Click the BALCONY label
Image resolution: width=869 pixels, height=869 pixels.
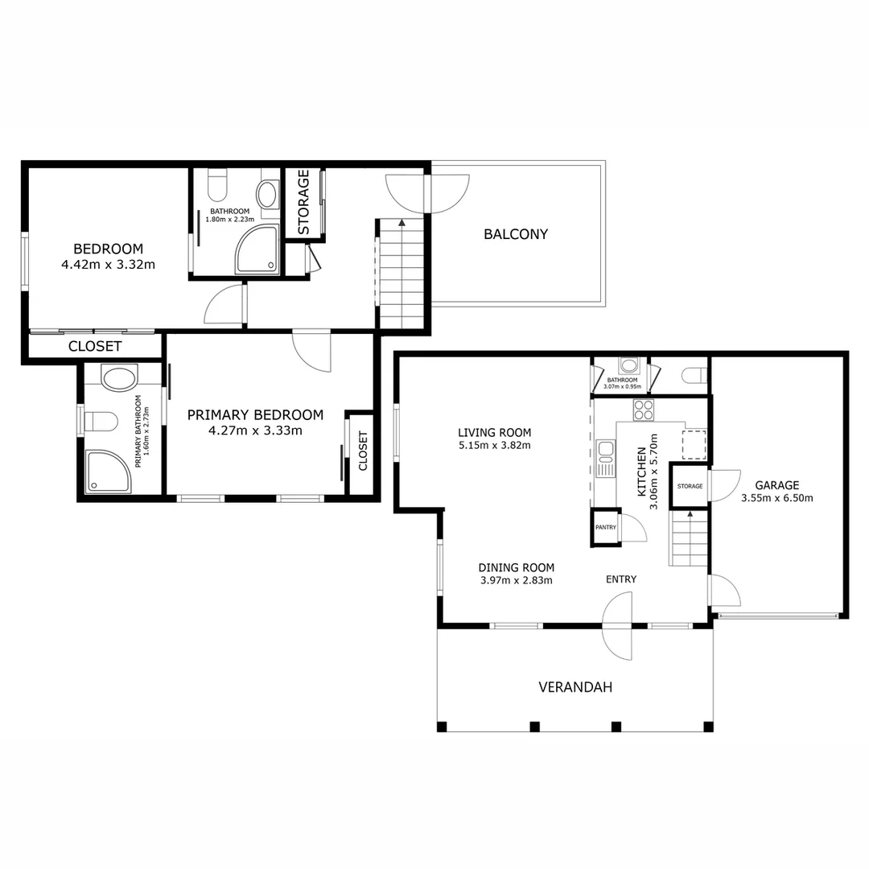[x=515, y=234]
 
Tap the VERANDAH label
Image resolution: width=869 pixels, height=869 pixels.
[x=575, y=687]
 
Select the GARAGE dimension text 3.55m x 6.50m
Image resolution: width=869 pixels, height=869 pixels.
[x=776, y=498]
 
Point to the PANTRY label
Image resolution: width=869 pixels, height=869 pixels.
[x=605, y=528]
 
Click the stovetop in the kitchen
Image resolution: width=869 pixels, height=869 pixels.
[x=643, y=410]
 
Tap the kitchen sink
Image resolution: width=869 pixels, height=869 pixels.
[x=604, y=449]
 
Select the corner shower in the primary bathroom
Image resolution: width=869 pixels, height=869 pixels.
[x=105, y=471]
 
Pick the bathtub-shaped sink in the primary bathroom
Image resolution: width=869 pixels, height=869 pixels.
[x=119, y=379]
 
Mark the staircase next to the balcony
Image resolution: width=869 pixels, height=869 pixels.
[x=401, y=274]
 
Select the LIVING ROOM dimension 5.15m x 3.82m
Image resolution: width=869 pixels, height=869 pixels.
[x=494, y=445]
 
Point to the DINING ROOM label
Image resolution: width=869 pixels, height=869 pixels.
[x=516, y=566]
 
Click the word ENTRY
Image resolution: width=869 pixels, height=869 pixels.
[x=621, y=579]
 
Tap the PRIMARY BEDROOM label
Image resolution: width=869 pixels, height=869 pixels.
[x=255, y=415]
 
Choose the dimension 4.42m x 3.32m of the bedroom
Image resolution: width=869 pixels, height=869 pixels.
[x=108, y=263]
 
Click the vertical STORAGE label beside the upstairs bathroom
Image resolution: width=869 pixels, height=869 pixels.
[x=303, y=202]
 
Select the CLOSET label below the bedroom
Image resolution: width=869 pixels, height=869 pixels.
[x=95, y=346]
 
